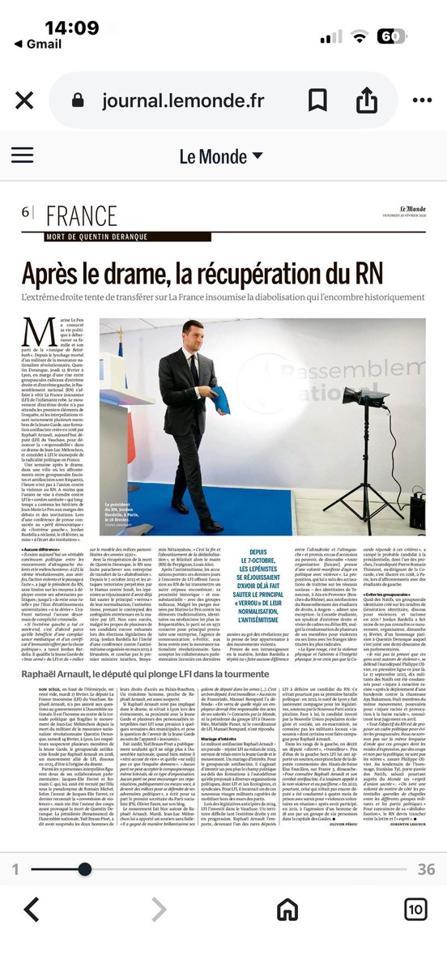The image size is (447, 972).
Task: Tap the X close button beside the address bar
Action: [x=21, y=100]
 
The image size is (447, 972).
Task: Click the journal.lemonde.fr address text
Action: [x=183, y=100]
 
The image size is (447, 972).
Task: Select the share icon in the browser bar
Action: [x=368, y=100]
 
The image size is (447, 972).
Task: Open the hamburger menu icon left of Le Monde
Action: [x=22, y=156]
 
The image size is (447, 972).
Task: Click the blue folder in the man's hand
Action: [x=220, y=399]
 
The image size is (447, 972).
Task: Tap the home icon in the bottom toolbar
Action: [x=287, y=909]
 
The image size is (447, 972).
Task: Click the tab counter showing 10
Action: [x=414, y=909]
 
